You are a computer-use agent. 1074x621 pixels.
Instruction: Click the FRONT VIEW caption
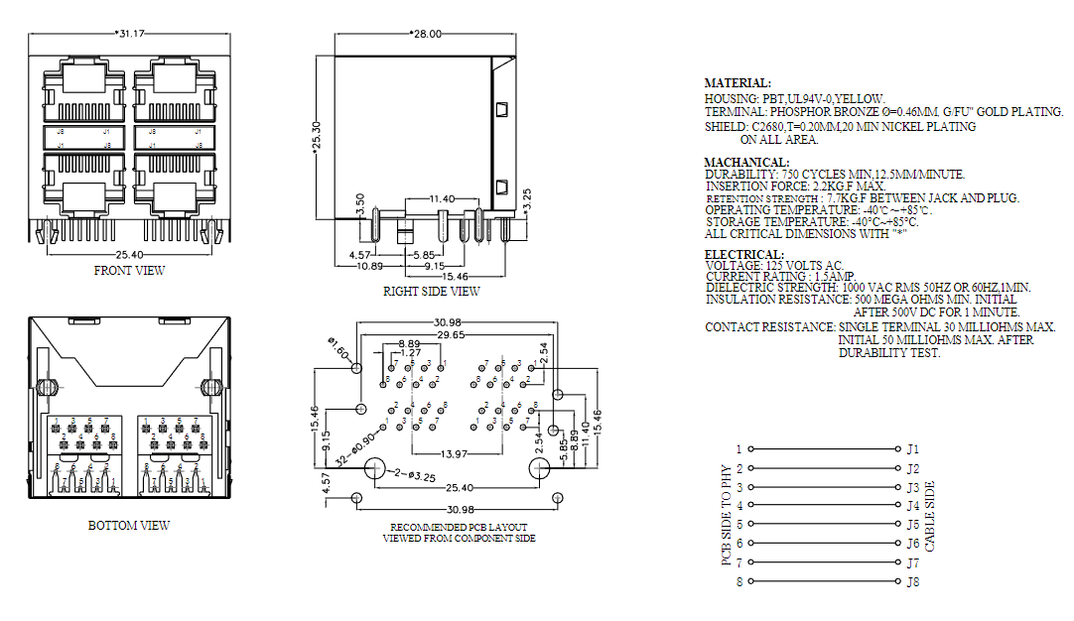129,270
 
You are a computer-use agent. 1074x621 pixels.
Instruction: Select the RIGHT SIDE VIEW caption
431,292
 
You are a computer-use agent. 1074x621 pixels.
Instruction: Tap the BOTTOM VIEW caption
129,525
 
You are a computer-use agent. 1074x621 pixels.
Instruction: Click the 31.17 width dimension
131,34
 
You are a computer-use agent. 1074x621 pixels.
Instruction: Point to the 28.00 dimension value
427,34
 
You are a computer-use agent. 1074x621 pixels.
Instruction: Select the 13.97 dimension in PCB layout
456,453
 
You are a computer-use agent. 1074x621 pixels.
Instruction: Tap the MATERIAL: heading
737,83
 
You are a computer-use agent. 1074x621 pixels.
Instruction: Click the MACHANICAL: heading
746,162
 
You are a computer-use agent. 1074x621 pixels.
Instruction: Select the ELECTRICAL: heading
743,254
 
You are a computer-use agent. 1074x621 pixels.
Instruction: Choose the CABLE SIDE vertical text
930,516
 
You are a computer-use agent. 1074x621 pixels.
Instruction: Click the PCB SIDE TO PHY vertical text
726,515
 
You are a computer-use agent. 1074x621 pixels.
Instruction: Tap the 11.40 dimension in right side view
442,199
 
